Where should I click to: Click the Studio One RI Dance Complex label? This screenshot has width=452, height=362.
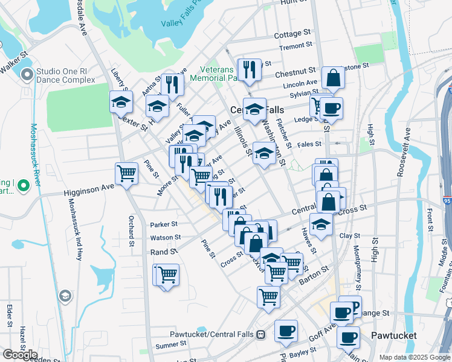65,75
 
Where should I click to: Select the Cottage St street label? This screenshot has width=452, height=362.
292,35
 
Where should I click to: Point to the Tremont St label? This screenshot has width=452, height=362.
295,46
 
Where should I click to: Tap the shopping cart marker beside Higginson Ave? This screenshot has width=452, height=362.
126,174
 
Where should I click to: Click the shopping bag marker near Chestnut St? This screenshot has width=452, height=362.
333,77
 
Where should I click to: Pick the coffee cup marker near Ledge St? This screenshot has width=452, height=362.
331,108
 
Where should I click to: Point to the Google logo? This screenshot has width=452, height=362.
19,354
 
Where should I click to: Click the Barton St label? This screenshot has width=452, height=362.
312,275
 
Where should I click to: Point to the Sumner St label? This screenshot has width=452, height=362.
170,345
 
